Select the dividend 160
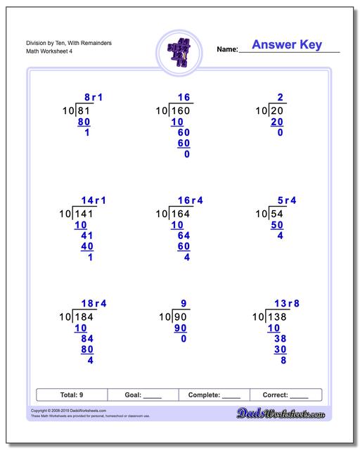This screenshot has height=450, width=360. [181, 111]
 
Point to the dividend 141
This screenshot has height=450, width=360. [85, 214]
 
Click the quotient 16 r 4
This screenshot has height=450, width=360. [188, 201]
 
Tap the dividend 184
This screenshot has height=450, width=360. [85, 317]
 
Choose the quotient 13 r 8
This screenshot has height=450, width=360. [288, 304]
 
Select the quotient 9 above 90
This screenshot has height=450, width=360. [184, 304]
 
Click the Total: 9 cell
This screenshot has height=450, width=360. [71, 395]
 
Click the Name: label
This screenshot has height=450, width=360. [227, 49]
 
